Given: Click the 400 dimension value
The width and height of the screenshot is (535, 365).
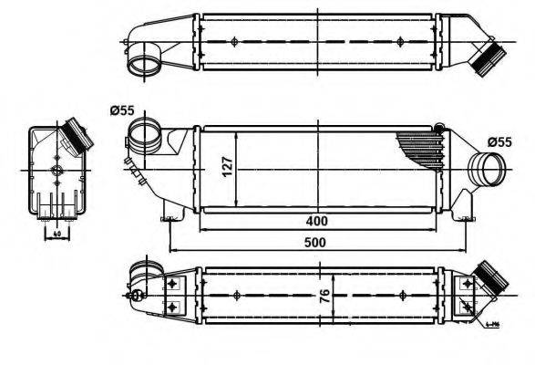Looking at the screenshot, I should pyautogui.click(x=316, y=221).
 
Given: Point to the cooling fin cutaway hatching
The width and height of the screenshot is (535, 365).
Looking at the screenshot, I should pyautogui.click(x=421, y=146).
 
